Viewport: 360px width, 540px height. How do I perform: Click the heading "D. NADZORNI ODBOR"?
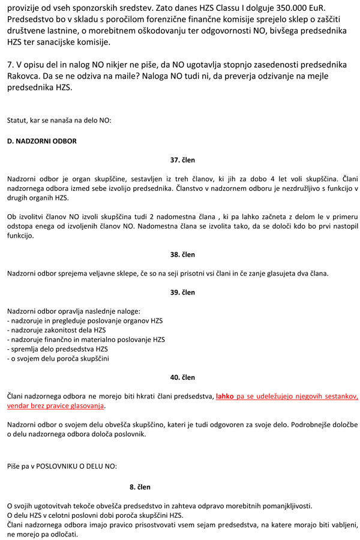tap(41, 141)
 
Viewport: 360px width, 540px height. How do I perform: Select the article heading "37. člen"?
tap(182, 160)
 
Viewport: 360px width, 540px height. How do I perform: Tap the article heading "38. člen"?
tap(182, 254)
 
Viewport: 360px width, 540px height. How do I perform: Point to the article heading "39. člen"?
tap(182, 292)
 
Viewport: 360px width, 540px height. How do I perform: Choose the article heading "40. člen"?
tap(182, 377)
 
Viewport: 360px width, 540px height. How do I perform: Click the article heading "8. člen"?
tap(140, 487)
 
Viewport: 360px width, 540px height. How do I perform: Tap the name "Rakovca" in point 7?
tap(24, 76)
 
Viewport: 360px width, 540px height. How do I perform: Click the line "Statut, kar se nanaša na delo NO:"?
tap(59, 120)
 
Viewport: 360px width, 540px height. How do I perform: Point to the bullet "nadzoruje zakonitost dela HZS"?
tap(56, 330)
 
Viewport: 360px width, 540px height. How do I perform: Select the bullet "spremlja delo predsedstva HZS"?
tap(58, 349)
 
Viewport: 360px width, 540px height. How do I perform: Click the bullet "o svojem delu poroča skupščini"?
tap(58, 358)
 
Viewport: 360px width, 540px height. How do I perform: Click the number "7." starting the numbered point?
tap(10, 64)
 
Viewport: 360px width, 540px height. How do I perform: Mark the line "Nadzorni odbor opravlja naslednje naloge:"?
tap(73, 311)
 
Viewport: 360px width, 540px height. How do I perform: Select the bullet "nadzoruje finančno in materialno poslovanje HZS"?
tap(86, 340)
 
